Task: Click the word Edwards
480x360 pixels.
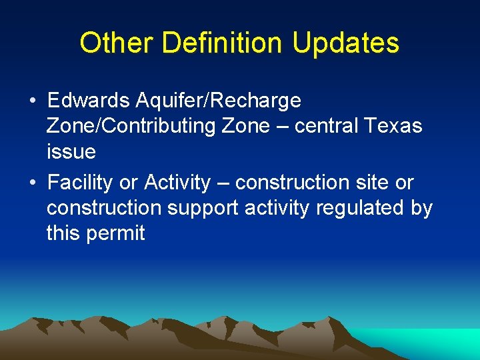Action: click(x=87, y=101)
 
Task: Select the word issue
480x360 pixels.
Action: click(x=71, y=152)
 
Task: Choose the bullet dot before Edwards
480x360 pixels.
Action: click(x=33, y=101)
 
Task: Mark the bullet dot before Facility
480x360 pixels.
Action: click(x=33, y=183)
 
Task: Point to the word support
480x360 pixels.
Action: click(x=203, y=208)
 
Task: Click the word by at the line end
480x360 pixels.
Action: click(x=421, y=208)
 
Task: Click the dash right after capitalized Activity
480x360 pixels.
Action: click(x=223, y=183)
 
